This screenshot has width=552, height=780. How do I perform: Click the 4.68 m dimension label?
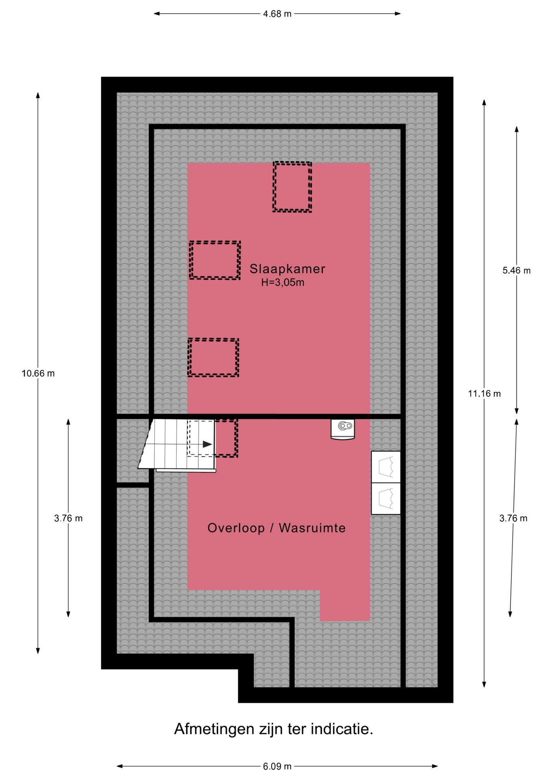tap(277, 14)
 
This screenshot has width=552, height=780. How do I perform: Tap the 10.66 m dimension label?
tap(38, 373)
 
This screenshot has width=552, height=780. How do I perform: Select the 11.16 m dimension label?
tap(484, 393)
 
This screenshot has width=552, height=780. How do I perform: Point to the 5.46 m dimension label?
tap(516, 271)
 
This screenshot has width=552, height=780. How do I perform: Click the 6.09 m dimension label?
tap(277, 766)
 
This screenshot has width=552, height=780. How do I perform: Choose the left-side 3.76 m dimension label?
tap(68, 518)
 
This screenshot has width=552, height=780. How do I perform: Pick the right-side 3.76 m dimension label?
tap(513, 518)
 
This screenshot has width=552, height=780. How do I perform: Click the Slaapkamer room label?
tap(287, 269)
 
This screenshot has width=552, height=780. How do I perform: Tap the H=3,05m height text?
tap(283, 282)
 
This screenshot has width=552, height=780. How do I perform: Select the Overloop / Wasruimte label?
tap(276, 528)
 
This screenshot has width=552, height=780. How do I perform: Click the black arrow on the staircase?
tap(207, 444)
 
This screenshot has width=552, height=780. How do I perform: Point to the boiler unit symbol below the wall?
tap(343, 429)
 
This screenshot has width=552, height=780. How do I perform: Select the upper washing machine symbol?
tap(386, 467)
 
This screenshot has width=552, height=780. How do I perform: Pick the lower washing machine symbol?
tap(386, 498)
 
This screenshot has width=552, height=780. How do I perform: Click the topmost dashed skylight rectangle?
tap(292, 187)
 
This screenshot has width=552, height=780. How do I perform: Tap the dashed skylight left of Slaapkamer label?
tap(215, 260)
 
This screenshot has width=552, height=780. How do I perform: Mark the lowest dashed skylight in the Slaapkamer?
tap(213, 357)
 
